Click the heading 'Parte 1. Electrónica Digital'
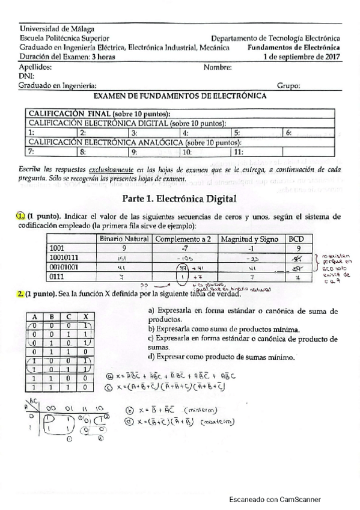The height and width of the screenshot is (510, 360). [x=180, y=198]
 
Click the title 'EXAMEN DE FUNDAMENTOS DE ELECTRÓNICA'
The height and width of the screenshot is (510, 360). [x=180, y=96]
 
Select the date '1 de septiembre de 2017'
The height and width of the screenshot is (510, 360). [x=302, y=57]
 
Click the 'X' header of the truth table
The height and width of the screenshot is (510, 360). [x=87, y=317]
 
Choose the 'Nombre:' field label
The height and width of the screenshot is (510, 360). [x=217, y=67]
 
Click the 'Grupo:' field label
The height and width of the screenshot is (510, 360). [x=288, y=86]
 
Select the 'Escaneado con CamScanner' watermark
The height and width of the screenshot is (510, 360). [x=275, y=499]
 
